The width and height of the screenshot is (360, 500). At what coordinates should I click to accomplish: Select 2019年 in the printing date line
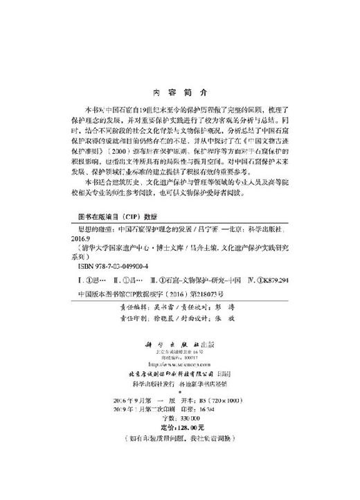point(125,410)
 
